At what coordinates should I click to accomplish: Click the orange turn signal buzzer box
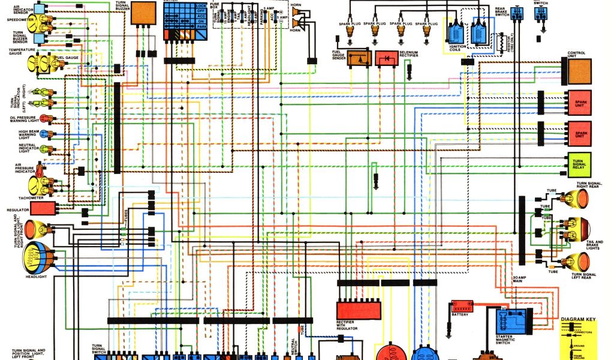143,13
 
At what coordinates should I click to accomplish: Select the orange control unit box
580,73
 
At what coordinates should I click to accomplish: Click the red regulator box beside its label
43,209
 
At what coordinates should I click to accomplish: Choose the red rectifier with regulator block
358,310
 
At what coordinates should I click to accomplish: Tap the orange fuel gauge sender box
357,58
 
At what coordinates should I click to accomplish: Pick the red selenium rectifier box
387,58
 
